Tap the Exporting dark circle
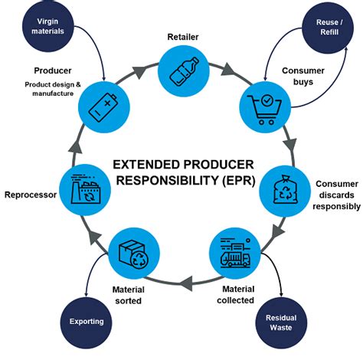[86, 321]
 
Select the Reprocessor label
[30, 195]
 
